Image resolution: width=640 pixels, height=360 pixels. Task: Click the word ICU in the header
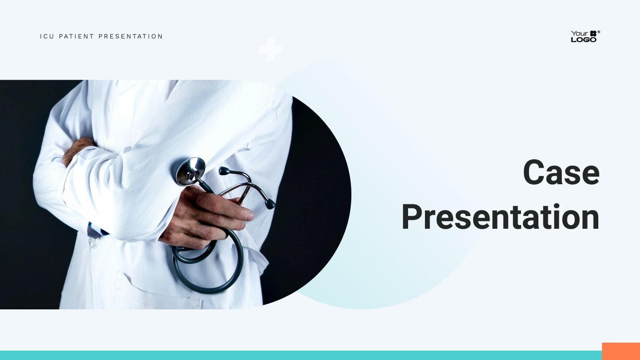click(x=47, y=37)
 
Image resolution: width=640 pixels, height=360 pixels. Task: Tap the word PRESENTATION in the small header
click(x=131, y=37)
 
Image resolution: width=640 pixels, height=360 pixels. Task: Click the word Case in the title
click(x=561, y=172)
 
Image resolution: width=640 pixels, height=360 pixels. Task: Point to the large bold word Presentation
click(x=500, y=217)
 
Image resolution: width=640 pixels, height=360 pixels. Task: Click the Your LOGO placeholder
click(x=586, y=36)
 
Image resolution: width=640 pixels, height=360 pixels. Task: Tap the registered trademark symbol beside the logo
click(x=599, y=32)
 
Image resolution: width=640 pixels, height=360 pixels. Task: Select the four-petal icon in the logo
click(x=593, y=33)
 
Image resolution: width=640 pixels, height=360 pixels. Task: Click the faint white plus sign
click(x=271, y=50)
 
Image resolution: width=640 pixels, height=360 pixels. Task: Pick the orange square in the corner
click(x=621, y=352)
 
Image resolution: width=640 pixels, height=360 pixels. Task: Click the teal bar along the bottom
click(x=301, y=355)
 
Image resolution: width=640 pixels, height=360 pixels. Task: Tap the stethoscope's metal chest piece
click(x=191, y=171)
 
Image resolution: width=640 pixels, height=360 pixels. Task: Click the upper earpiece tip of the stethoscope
click(x=224, y=171)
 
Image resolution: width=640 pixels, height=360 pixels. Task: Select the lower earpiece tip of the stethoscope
click(x=270, y=203)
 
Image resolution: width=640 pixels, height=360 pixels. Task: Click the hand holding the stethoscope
click(x=206, y=217)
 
